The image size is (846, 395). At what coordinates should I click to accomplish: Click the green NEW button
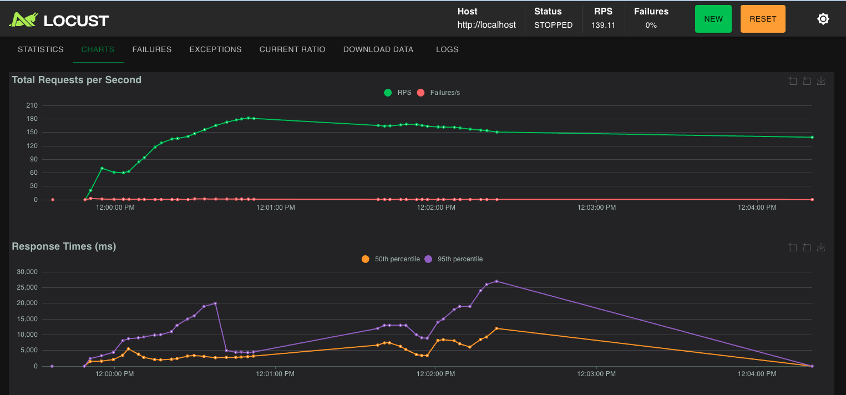click(713, 19)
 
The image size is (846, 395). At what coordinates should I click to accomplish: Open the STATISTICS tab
click(40, 49)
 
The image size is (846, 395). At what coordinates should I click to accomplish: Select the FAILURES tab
click(151, 49)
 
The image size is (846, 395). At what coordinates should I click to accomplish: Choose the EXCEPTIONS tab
click(215, 49)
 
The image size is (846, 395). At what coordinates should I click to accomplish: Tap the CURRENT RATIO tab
click(292, 49)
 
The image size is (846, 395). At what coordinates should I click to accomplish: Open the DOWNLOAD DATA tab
click(378, 49)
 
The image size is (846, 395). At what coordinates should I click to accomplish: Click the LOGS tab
click(447, 49)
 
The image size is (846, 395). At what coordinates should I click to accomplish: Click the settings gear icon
click(823, 19)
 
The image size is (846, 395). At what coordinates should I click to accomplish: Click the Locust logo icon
click(23, 20)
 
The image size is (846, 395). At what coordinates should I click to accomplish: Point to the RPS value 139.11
click(603, 25)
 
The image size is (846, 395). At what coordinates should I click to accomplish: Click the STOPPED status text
click(553, 25)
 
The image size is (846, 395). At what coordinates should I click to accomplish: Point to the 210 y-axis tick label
click(32, 105)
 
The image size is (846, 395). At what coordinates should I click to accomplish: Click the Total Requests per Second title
click(77, 80)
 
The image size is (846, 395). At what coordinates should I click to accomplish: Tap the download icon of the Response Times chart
click(821, 247)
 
